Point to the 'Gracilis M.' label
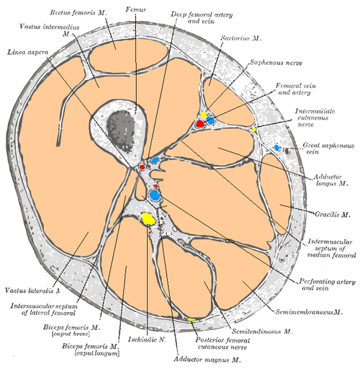(x=336, y=214)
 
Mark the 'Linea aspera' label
(x=24, y=53)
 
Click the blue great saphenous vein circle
(x=277, y=148)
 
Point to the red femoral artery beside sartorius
(x=200, y=124)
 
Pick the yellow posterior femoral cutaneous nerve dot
(x=192, y=319)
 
